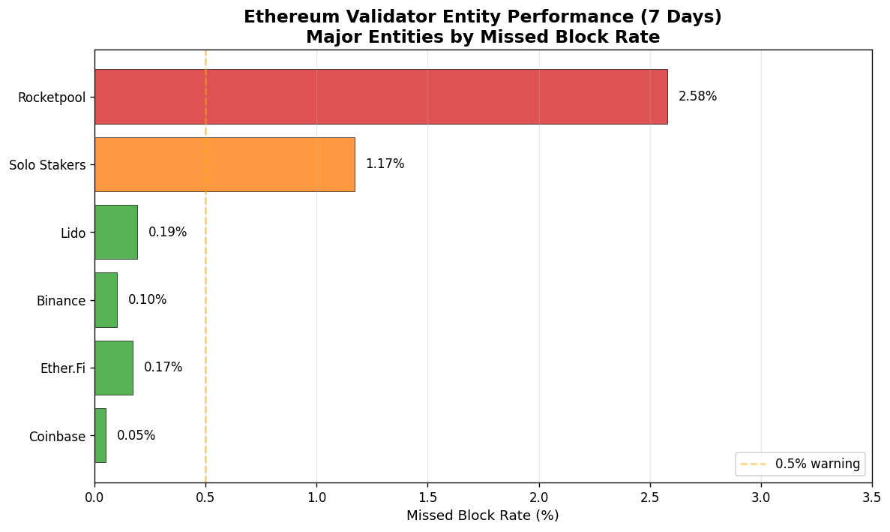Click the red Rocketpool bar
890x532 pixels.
click(381, 97)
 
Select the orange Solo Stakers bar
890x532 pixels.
click(225, 164)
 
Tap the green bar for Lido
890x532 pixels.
click(116, 232)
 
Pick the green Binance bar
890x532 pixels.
click(106, 300)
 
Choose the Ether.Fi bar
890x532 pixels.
click(114, 368)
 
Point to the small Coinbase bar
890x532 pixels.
click(100, 435)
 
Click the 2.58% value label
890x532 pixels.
click(697, 97)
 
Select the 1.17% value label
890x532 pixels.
click(385, 164)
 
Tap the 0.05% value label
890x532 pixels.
click(136, 435)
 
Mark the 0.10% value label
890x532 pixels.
click(147, 300)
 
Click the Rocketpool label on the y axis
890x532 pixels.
click(52, 98)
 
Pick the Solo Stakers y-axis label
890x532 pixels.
click(47, 165)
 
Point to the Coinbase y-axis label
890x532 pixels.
click(57, 437)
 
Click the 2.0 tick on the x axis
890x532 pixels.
click(539, 497)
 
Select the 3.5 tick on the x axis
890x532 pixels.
click(871, 497)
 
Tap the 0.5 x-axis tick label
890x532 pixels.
click(205, 497)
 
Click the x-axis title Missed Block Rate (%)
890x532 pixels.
click(482, 515)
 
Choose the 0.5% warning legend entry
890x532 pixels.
click(800, 464)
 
